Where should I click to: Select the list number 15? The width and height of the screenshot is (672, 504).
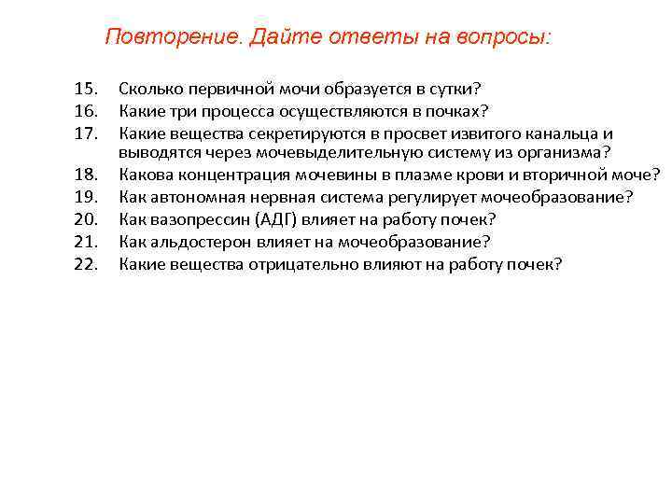[86, 90]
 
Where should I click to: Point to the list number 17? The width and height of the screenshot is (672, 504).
[86, 133]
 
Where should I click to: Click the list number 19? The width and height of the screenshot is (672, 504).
[86, 197]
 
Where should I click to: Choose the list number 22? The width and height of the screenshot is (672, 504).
[86, 264]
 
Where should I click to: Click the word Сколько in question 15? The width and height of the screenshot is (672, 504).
[150, 90]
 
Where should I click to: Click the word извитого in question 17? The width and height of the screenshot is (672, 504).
[459, 133]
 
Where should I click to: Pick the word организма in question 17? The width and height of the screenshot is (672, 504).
[561, 153]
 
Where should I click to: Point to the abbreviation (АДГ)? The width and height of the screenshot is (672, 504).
[274, 219]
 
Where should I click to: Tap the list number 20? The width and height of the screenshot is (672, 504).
[86, 219]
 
